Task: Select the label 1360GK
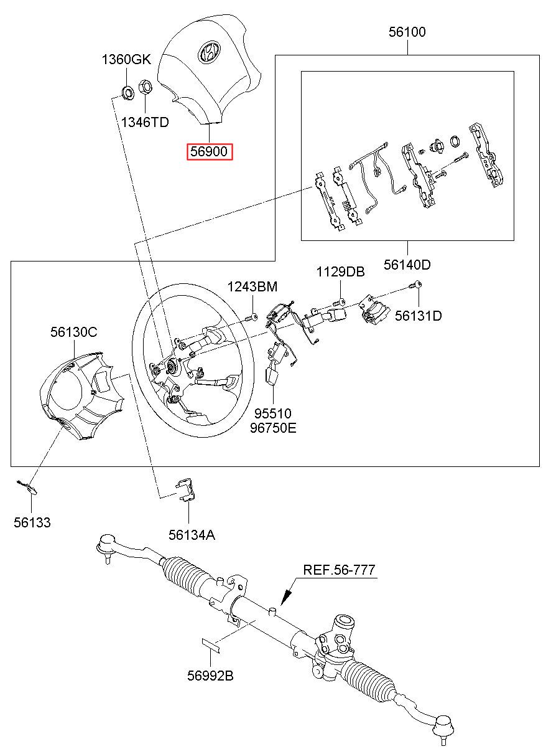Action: point(126,60)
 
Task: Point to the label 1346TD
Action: point(145,122)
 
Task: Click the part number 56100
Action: point(407,32)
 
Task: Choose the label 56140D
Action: point(407,265)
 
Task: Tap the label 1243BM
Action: point(252,286)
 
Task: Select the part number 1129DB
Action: point(340,272)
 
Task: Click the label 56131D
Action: point(419,316)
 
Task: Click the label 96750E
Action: point(273,428)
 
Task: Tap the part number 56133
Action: point(32,523)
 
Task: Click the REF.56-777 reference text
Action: point(339,570)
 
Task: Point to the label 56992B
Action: point(210,676)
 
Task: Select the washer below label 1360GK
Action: point(126,93)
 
